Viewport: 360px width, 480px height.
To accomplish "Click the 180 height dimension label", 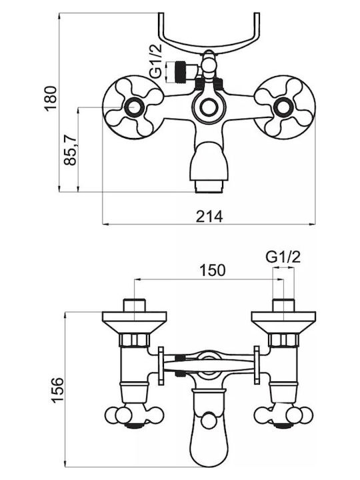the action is click(x=51, y=98).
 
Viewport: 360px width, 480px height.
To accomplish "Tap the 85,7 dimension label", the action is click(x=70, y=150).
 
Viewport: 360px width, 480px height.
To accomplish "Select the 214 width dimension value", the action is click(x=209, y=217).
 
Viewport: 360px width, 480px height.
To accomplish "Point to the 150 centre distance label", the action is click(x=213, y=270).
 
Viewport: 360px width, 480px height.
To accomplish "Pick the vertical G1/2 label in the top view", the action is click(x=156, y=62).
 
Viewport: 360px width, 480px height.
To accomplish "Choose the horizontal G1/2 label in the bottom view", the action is click(x=283, y=257).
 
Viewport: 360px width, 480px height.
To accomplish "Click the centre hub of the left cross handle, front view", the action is click(x=133, y=107).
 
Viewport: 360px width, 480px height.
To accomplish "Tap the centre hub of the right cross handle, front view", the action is click(x=283, y=107).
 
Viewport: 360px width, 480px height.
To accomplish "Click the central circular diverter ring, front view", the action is click(x=209, y=107).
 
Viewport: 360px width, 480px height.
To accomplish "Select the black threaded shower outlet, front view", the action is click(x=179, y=72).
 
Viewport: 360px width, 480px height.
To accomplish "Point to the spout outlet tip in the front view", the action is click(x=209, y=187).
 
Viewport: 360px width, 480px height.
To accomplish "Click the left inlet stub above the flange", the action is click(x=134, y=305).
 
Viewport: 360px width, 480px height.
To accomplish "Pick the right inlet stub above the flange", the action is click(x=283, y=305).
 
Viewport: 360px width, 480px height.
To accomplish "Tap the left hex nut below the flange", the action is click(x=134, y=341).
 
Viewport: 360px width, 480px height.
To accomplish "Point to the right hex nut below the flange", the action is click(x=283, y=341).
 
